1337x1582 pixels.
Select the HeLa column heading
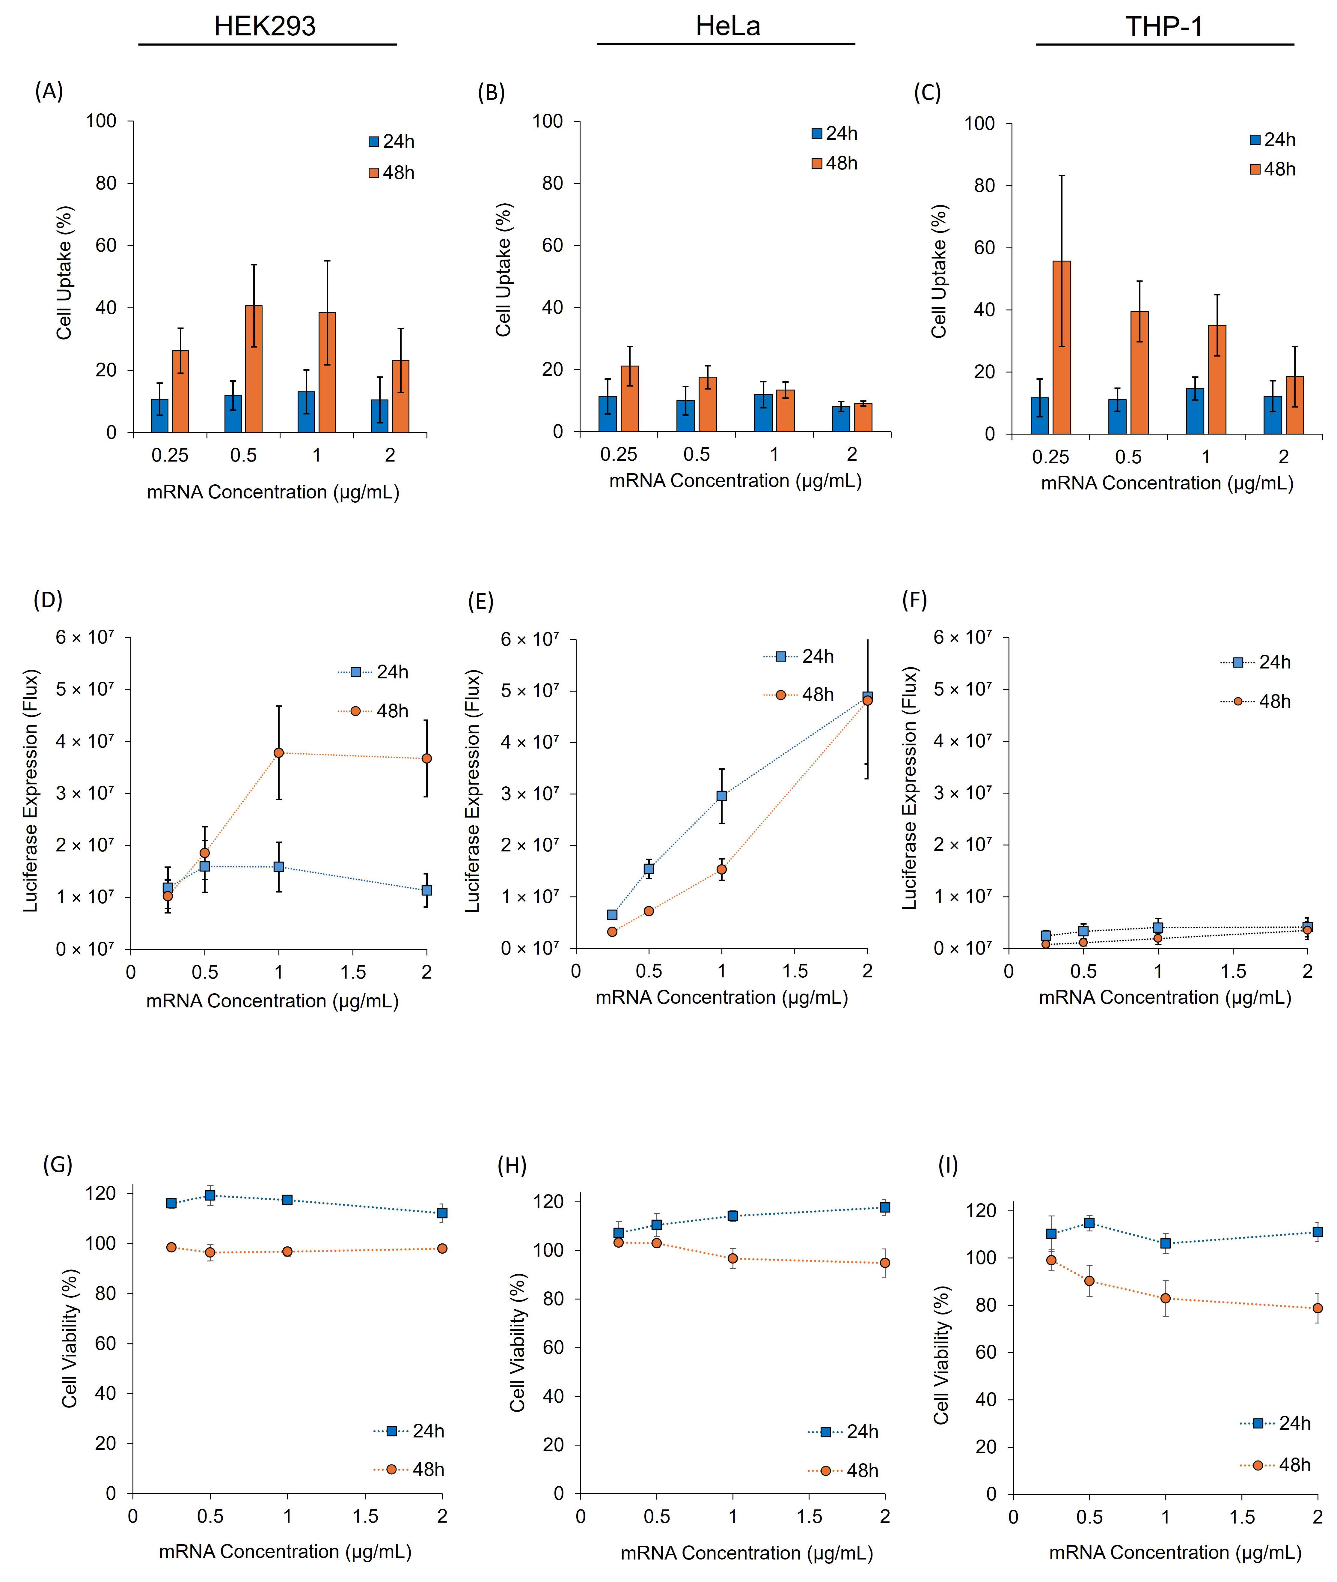pyautogui.click(x=728, y=27)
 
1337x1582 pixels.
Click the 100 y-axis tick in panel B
pyautogui.click(x=547, y=121)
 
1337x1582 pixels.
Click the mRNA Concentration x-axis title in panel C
pyautogui.click(x=1166, y=483)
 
